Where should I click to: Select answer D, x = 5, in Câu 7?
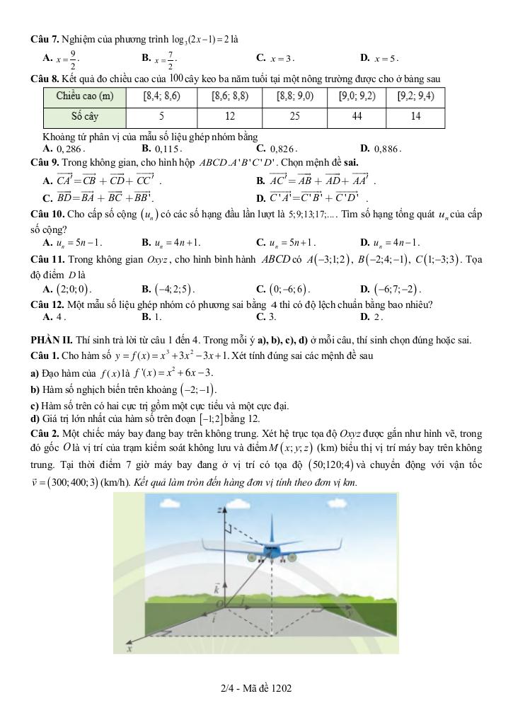(x=386, y=59)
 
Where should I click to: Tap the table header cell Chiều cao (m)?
(x=84, y=96)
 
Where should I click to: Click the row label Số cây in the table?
(x=84, y=117)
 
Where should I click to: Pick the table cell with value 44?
(x=357, y=117)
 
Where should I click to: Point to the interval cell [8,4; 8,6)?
(x=161, y=96)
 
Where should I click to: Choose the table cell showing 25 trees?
(x=292, y=117)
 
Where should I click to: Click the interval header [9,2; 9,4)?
(x=416, y=96)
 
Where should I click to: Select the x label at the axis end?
(x=129, y=647)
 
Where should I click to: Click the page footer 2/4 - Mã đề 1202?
(x=256, y=687)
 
